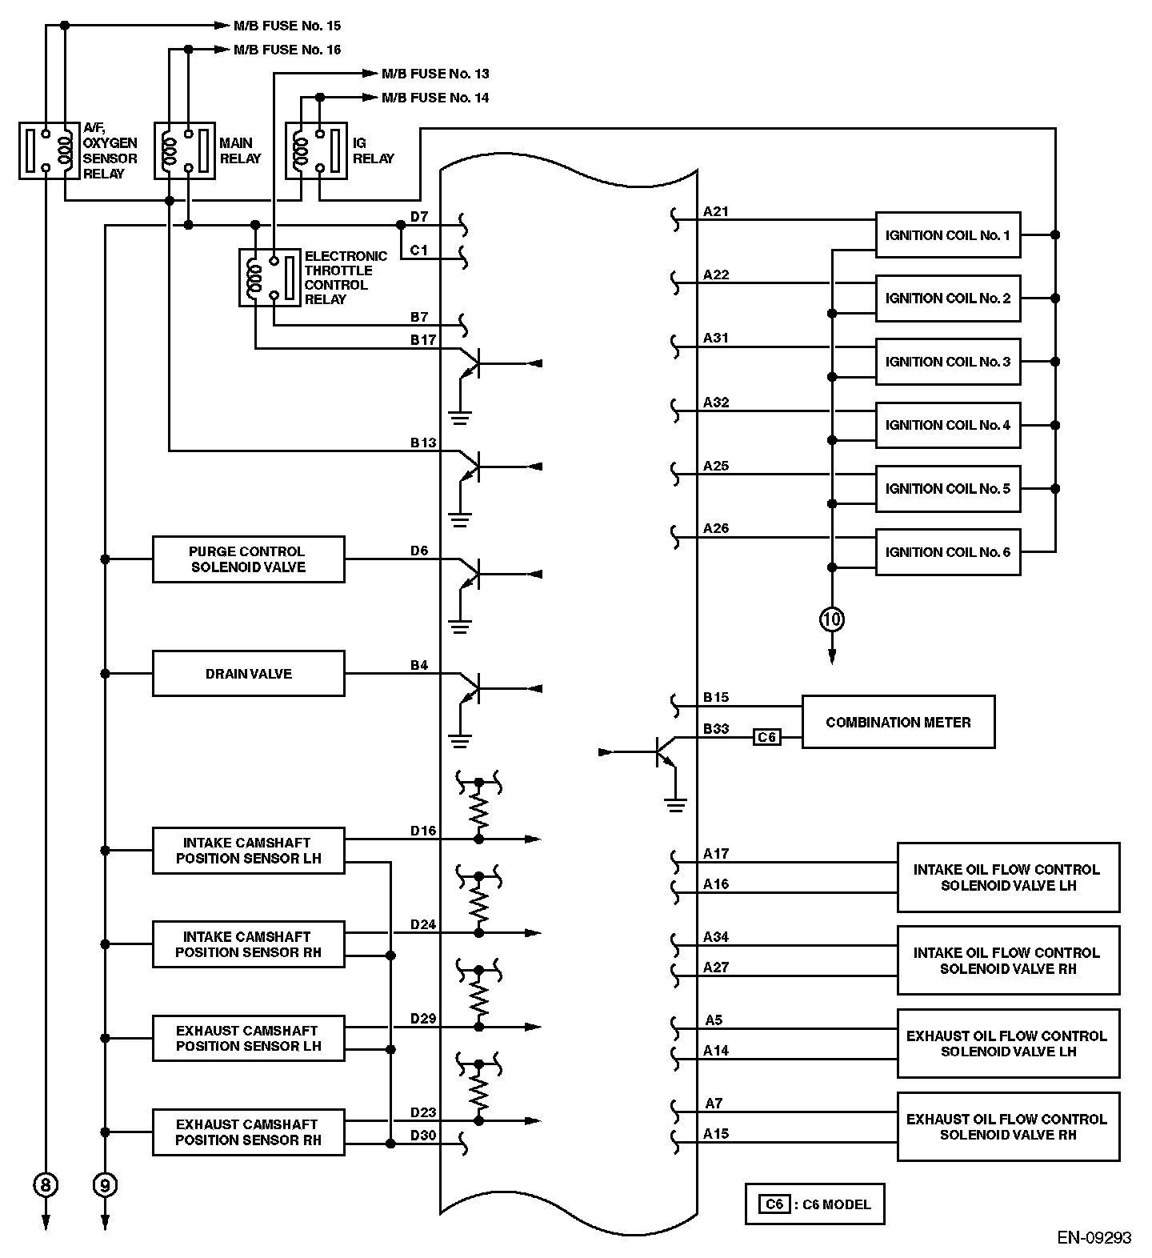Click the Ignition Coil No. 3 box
948,362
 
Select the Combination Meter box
898,722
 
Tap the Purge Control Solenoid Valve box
248,559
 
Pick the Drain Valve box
248,674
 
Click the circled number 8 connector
46,1184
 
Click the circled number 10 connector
832,619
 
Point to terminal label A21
715,211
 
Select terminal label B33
715,729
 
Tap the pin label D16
423,831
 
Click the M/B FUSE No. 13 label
435,74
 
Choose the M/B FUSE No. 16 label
287,50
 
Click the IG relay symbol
317,150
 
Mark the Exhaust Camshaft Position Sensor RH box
248,1132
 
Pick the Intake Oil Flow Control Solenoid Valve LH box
1008,877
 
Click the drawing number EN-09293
1094,1238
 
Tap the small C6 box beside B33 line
766,737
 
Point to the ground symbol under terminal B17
459,417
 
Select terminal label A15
715,1133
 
